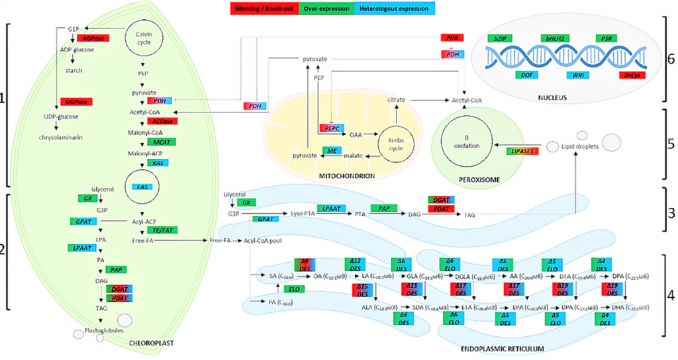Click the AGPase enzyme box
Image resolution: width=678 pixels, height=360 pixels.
[x=93, y=38]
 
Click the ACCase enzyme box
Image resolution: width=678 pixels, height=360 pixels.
[x=162, y=122]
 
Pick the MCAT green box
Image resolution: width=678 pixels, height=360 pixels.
[x=162, y=142]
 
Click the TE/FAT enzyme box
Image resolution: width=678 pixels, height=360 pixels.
[x=163, y=230]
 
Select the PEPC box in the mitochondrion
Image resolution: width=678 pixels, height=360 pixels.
[x=330, y=127]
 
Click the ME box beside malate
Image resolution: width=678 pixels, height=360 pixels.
[x=332, y=152]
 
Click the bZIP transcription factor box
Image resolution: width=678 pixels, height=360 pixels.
[x=501, y=39]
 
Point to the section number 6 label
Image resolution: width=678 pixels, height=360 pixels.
[x=671, y=58]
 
